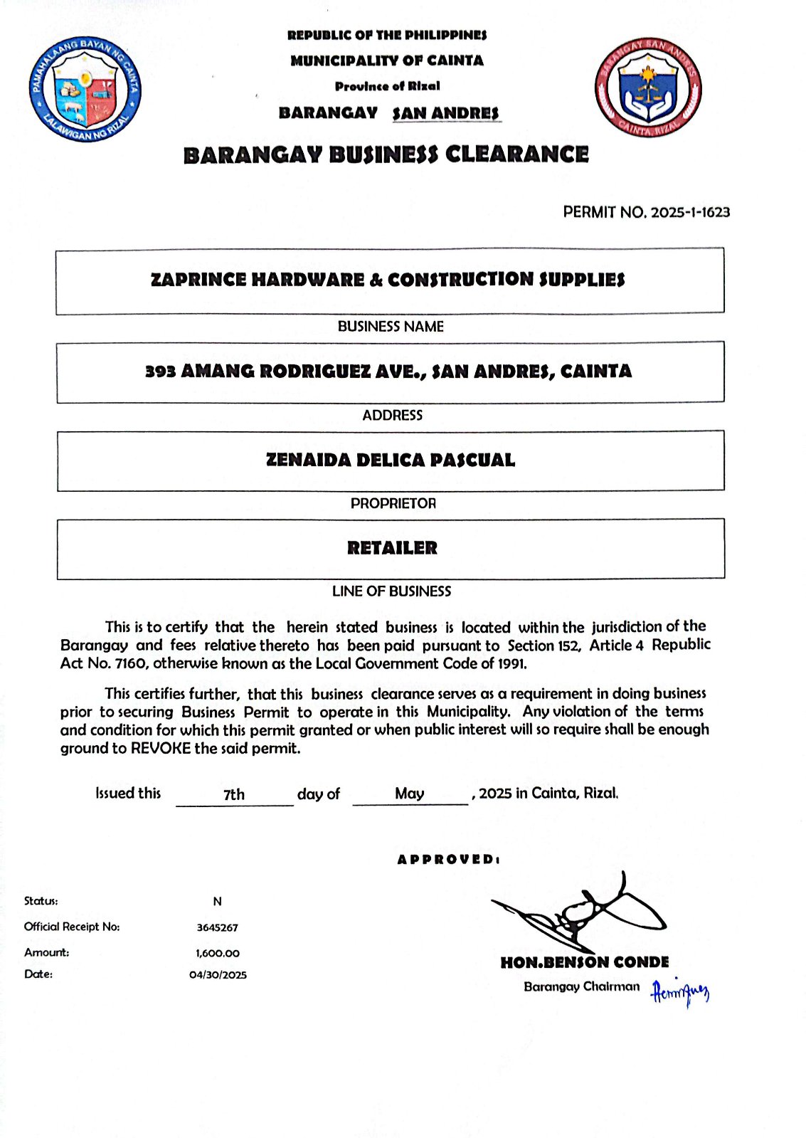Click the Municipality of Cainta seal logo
coord(85,89)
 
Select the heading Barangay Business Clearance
coord(386,154)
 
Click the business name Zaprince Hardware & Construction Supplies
coord(388,279)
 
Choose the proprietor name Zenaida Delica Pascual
coord(391,460)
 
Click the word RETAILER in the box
coord(392,548)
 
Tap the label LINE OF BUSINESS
coord(391,591)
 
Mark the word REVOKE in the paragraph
coord(161,749)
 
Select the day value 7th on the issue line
coord(234,794)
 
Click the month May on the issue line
coord(409,794)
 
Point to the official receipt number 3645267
coord(218,928)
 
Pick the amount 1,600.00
coord(218,953)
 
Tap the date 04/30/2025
coord(218,975)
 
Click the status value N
coord(218,902)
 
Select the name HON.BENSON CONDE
coord(585,963)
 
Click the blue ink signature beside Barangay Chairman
coord(680,991)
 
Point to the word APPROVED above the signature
coord(448,860)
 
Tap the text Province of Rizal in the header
coord(388,86)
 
